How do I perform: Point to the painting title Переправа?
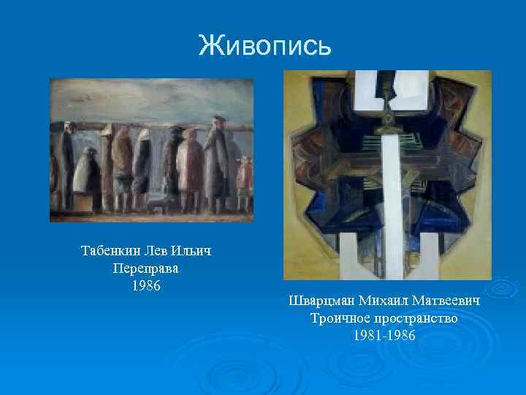tap(146, 268)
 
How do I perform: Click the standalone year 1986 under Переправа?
tap(146, 285)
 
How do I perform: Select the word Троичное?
tap(340, 318)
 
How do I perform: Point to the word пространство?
tap(415, 318)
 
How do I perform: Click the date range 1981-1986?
tap(384, 335)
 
